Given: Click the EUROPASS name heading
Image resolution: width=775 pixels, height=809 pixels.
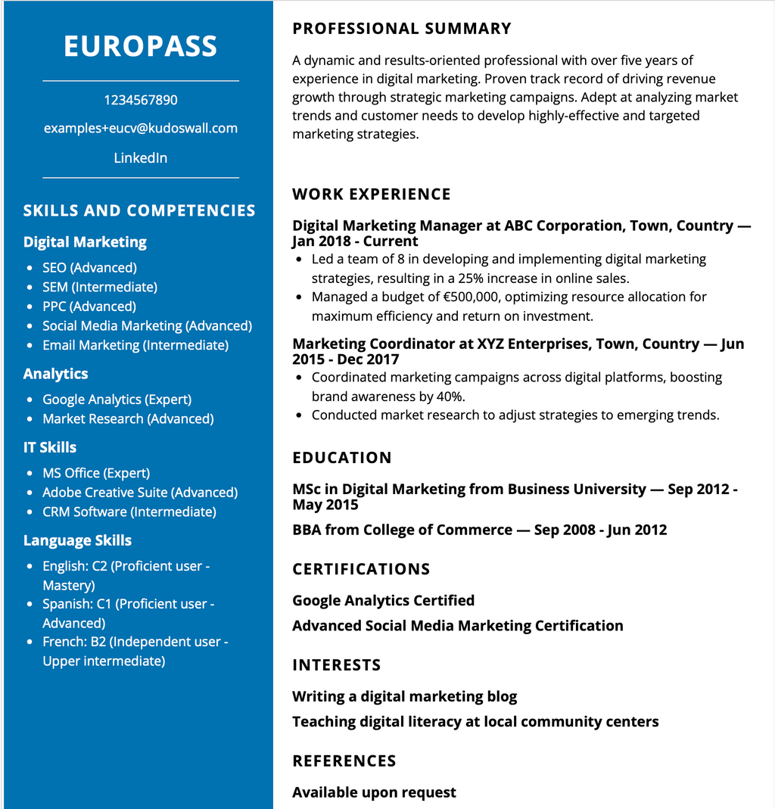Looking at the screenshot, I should coord(141,46).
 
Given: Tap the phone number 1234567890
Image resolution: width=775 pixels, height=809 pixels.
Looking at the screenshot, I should coord(141,100).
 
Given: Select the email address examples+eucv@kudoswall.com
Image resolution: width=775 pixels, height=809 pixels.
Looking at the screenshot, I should coord(141,128).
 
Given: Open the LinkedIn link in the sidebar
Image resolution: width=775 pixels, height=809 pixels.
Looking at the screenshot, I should coord(141,158).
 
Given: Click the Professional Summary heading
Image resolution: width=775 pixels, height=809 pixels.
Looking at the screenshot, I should coord(402,29).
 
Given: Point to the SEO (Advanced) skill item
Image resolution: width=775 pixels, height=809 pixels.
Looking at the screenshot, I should coord(89,268).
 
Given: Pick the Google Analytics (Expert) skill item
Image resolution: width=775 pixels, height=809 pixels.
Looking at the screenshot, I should coord(117,400).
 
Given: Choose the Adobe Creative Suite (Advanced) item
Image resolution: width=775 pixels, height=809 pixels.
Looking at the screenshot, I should coord(140,493).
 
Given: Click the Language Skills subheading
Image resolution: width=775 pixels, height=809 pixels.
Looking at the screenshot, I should coord(77,540).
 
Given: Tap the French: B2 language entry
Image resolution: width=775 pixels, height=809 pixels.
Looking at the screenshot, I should coord(135,643).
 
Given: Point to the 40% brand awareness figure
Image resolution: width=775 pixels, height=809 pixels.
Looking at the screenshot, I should coord(449,396).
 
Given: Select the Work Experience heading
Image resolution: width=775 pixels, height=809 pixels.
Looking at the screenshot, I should coord(372,194).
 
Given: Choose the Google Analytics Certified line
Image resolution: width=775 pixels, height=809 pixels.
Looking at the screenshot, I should coord(384,601).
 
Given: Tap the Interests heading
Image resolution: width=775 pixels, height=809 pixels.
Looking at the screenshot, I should coord(337,665).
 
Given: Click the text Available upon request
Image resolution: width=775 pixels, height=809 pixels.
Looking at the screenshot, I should coord(375,792).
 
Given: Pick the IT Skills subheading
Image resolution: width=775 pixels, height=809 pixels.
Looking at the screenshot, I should coord(50,447).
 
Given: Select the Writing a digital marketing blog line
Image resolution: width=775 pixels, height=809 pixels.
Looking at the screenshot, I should coord(405,696).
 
